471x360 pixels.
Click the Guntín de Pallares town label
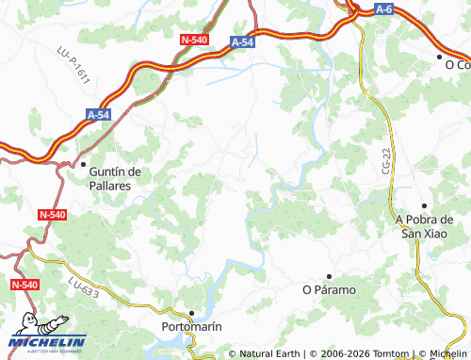(x=114, y=178)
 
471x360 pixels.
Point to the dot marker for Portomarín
(x=191, y=312)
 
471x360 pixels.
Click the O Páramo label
(x=329, y=289)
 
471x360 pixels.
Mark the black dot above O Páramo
(x=328, y=275)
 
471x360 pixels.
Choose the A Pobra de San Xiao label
(x=424, y=226)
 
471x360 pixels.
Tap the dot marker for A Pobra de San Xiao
(x=425, y=205)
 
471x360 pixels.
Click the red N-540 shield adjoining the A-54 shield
(x=194, y=40)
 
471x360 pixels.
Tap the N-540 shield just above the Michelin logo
(x=24, y=284)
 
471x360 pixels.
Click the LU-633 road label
(x=83, y=288)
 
